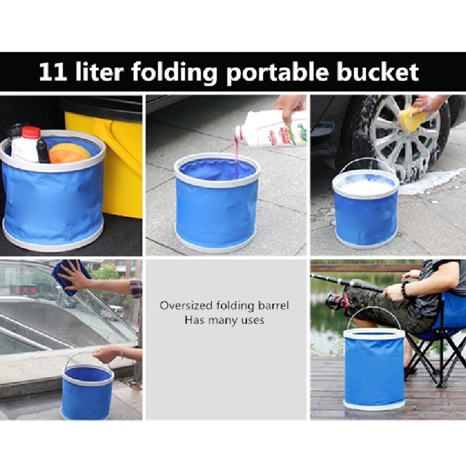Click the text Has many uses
[224, 320]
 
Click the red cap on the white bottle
[30, 133]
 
